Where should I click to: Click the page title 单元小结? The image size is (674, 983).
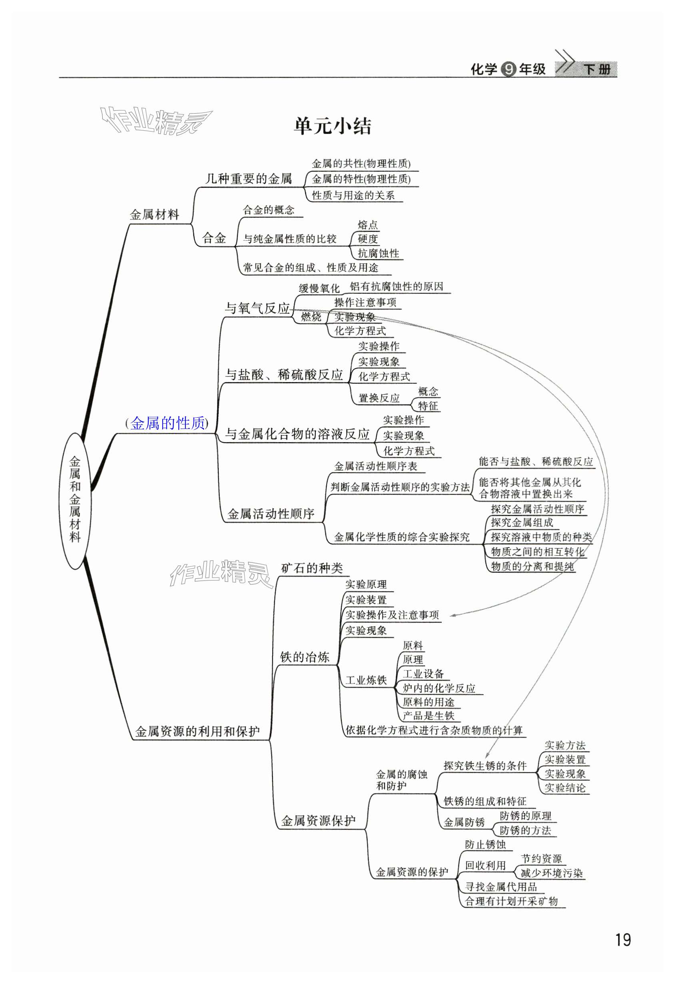(x=333, y=126)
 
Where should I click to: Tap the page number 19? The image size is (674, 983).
(x=623, y=940)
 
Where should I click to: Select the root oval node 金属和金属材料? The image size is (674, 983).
(x=75, y=500)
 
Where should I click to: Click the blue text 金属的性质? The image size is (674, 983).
(x=168, y=423)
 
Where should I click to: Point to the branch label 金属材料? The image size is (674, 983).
(x=154, y=215)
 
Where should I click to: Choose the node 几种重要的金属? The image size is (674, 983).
(x=248, y=179)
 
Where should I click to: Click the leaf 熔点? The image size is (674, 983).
(x=367, y=225)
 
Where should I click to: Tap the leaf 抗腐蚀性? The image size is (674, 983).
(x=378, y=253)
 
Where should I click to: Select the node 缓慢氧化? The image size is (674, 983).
(x=319, y=289)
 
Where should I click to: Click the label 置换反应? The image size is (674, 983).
(x=379, y=398)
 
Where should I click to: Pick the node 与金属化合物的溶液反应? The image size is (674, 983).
(x=297, y=434)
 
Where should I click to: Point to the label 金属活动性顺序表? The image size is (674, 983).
(x=376, y=466)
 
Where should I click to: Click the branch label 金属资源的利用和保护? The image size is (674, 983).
(x=197, y=731)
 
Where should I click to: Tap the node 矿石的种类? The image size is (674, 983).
(x=312, y=568)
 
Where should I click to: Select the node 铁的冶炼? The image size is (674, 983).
(x=305, y=657)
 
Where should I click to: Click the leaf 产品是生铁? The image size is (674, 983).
(x=428, y=716)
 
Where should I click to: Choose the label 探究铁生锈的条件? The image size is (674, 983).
(x=485, y=766)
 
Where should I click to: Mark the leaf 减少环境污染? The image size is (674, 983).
(x=551, y=873)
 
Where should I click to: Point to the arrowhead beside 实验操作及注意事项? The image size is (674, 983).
(x=452, y=616)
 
